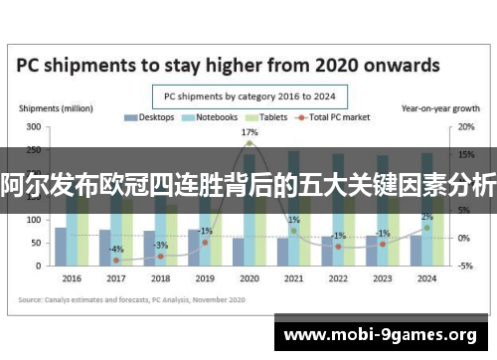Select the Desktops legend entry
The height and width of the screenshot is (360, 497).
point(149,117)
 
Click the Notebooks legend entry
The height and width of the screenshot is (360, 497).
point(210,117)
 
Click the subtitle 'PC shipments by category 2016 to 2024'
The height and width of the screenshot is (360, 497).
point(248,96)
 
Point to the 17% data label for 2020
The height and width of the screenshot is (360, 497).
point(249,132)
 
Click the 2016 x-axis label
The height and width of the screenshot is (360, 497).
point(72,278)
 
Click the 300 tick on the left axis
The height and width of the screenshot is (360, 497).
point(33,127)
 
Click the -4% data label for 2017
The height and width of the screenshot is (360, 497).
point(116,249)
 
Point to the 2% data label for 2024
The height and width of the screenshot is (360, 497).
point(426,217)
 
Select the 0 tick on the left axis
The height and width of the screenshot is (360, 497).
point(38,266)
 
